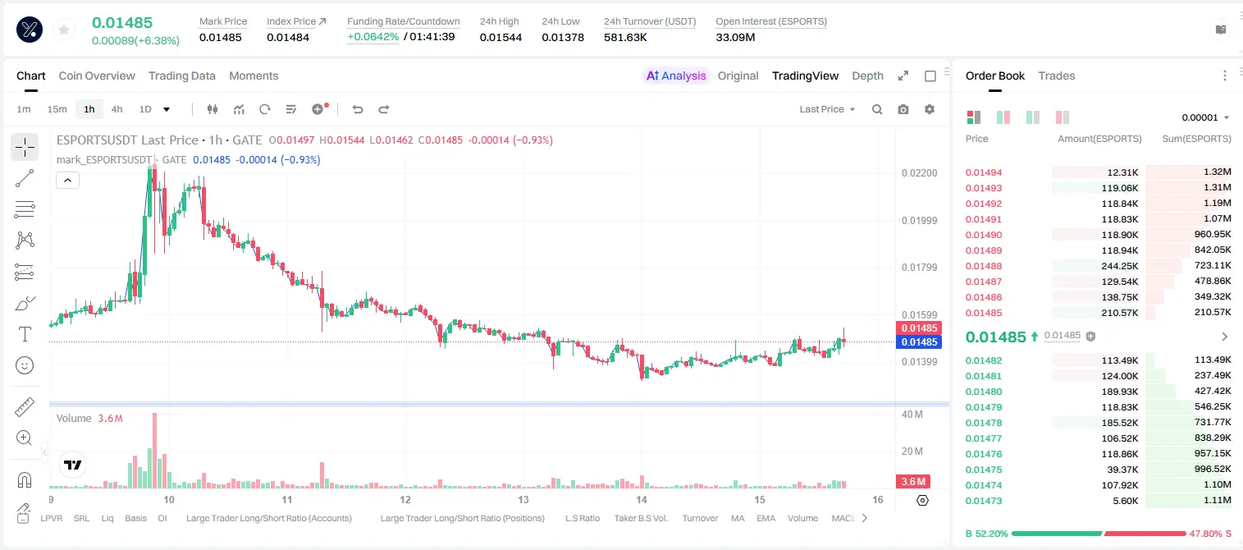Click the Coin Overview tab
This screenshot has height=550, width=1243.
(x=97, y=76)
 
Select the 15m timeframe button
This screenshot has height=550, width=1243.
(x=57, y=109)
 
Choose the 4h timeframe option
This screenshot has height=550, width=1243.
(x=117, y=109)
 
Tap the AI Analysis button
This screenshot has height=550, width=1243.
(x=676, y=76)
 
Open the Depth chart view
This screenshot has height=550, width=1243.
(x=867, y=76)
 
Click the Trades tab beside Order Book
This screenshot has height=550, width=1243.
(x=1057, y=76)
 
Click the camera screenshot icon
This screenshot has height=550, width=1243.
(x=903, y=109)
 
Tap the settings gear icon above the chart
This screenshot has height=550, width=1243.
(x=930, y=109)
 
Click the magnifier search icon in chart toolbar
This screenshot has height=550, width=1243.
(x=877, y=109)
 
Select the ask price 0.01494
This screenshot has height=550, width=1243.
(x=983, y=172)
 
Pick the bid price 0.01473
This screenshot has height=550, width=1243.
(x=983, y=501)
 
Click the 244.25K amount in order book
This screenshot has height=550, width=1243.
(x=1119, y=266)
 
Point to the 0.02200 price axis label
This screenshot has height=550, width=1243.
(x=920, y=173)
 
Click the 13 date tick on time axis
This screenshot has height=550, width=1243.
(x=523, y=499)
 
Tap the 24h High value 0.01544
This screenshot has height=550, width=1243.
(x=500, y=37)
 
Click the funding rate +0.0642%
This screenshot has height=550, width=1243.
(x=372, y=37)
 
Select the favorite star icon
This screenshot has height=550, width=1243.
(x=64, y=30)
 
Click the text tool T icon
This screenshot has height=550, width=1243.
(x=25, y=334)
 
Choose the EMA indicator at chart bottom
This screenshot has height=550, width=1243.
(x=765, y=518)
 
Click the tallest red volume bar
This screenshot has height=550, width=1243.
(x=154, y=451)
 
